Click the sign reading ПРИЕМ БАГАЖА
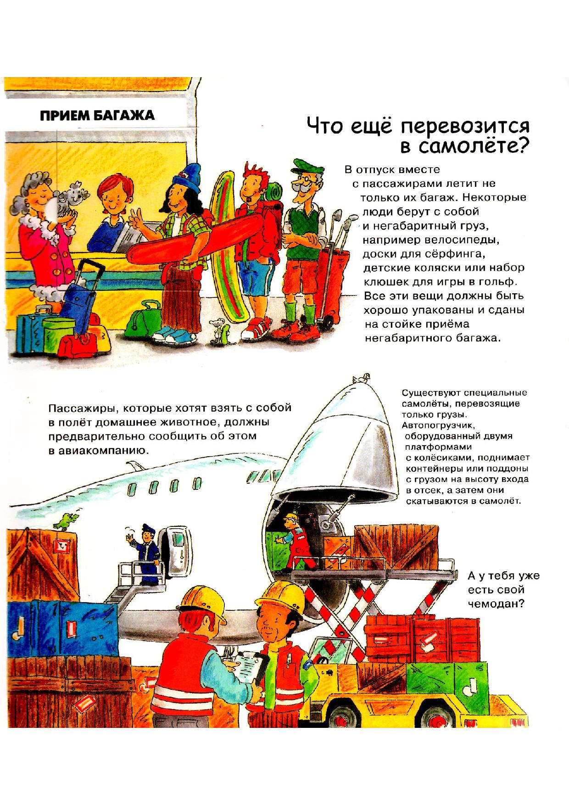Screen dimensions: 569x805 click(x=96, y=115)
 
